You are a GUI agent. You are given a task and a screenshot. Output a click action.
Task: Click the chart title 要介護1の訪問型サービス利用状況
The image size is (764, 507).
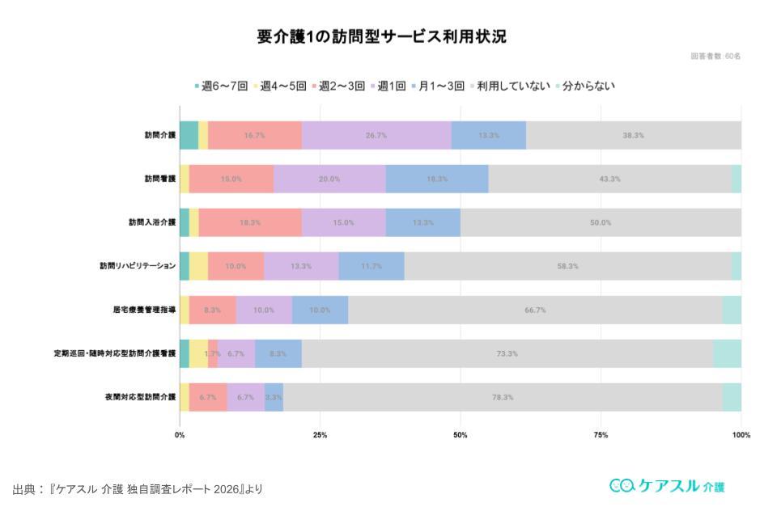click(381, 36)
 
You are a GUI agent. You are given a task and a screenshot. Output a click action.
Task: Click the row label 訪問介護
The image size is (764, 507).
click(160, 135)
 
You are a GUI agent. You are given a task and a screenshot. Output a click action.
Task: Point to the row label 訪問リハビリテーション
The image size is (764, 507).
click(138, 266)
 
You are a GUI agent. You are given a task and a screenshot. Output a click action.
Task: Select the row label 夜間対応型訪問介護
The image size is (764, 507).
click(140, 397)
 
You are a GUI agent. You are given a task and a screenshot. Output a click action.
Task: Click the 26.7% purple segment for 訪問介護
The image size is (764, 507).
click(376, 135)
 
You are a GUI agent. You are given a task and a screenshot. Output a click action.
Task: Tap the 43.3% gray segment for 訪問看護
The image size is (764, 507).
click(609, 179)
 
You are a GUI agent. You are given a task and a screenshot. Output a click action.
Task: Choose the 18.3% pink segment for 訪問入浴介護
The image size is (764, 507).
click(250, 222)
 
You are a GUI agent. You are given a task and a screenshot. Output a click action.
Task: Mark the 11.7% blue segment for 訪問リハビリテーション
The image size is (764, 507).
click(371, 266)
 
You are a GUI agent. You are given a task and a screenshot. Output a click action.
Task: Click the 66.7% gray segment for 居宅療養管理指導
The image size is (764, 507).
click(535, 310)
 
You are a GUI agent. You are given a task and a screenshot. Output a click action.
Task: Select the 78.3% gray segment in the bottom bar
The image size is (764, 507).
click(503, 397)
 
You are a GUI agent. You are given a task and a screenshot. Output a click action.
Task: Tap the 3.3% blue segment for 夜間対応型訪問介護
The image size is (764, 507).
click(274, 397)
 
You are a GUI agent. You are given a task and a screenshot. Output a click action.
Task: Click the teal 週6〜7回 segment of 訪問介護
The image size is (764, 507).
click(189, 135)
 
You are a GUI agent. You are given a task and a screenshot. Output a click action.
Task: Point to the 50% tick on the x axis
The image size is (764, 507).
click(461, 435)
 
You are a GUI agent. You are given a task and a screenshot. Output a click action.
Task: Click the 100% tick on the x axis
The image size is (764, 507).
click(741, 435)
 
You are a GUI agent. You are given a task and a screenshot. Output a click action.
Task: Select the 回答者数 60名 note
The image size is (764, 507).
click(715, 56)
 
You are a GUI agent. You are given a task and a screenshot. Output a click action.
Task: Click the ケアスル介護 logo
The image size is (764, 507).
click(667, 486)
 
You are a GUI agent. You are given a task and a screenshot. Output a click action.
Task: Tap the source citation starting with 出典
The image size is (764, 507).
click(138, 489)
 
